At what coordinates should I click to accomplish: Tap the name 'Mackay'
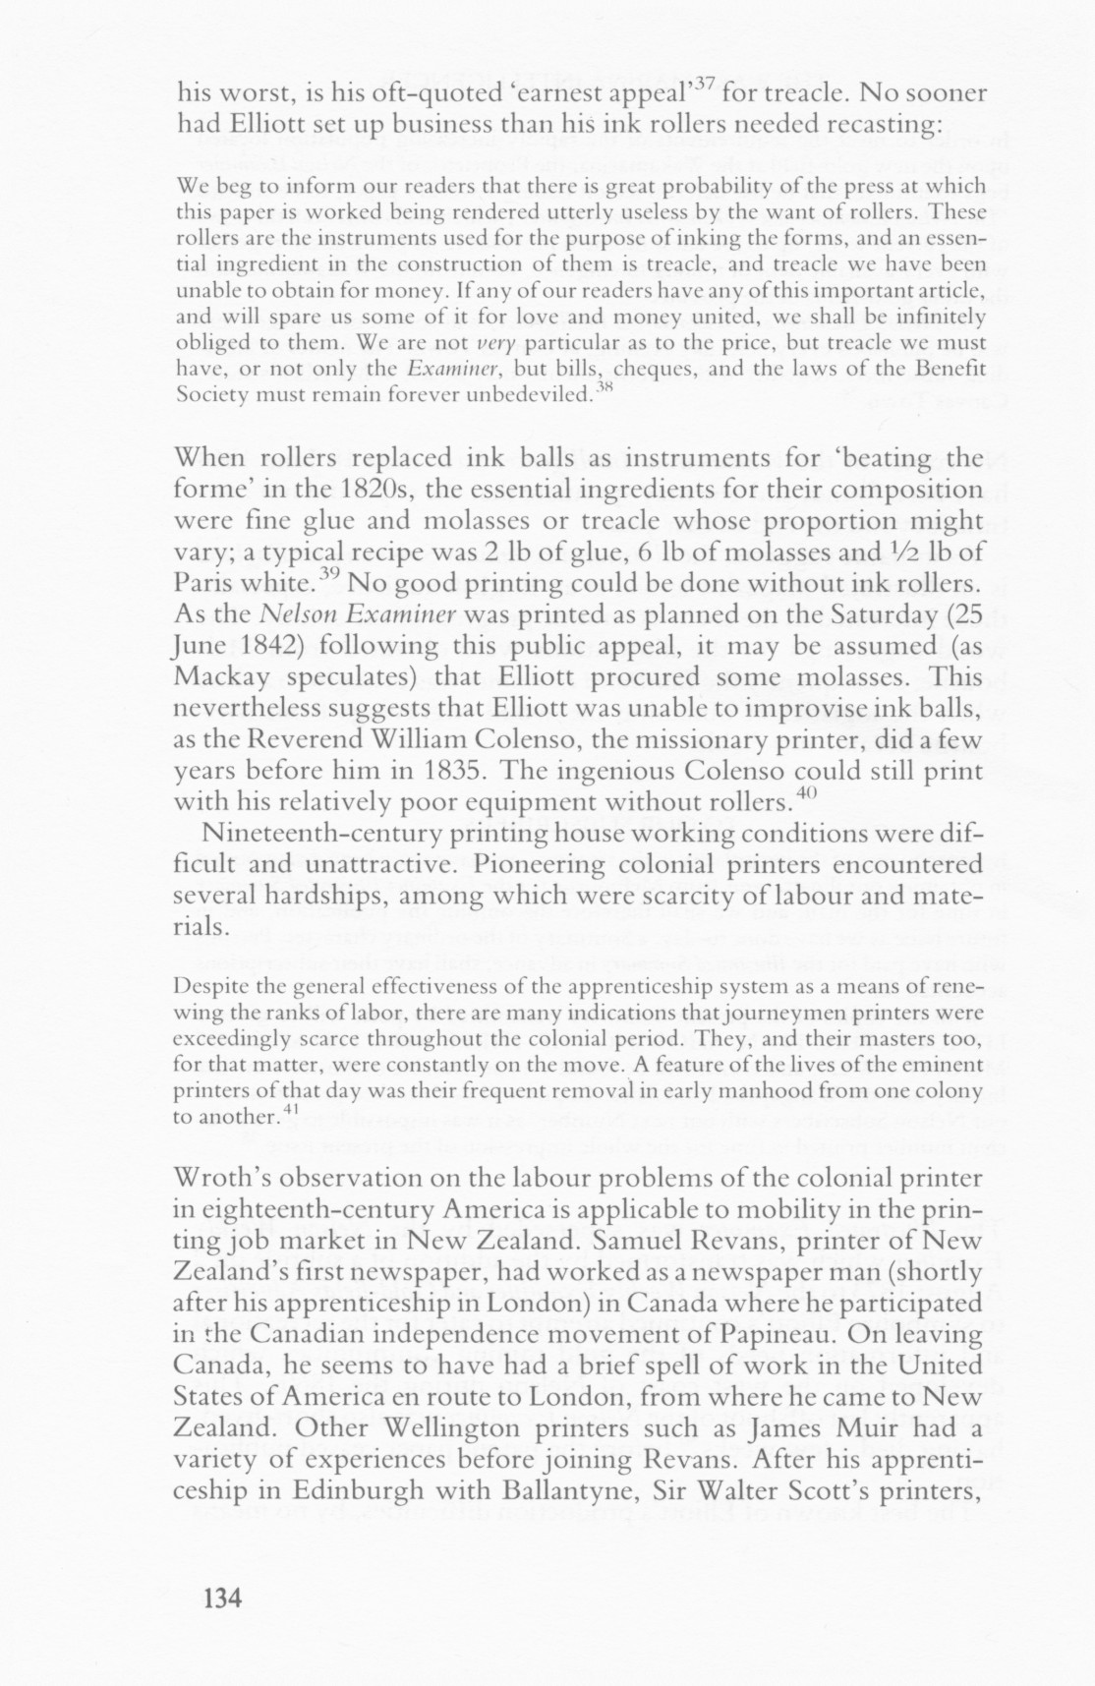(x=223, y=678)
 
